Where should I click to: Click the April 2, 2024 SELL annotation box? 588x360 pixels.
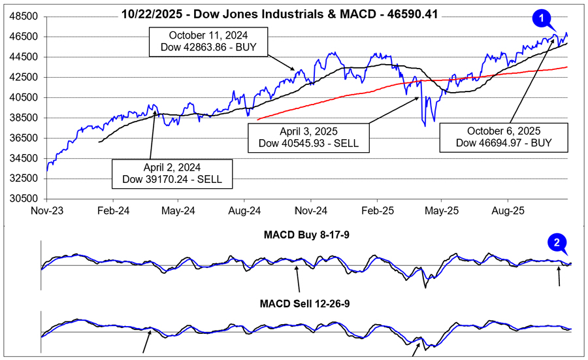pos(172,172)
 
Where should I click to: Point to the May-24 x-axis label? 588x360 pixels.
pos(178,211)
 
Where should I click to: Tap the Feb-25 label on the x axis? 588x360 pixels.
pos(376,211)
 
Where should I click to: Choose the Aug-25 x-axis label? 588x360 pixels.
pos(507,211)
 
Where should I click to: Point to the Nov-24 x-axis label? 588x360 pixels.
pos(310,211)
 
